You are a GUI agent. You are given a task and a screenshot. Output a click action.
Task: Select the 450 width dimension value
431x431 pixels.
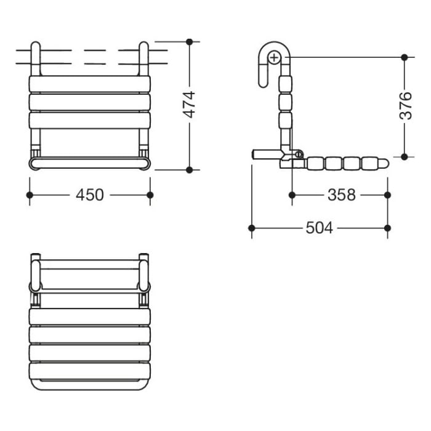[90, 195]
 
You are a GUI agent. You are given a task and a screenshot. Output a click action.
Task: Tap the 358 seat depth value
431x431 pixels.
[341, 195]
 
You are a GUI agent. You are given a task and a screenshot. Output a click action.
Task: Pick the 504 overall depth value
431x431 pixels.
[319, 228]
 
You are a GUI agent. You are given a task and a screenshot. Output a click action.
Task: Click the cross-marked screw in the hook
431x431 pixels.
[274, 58]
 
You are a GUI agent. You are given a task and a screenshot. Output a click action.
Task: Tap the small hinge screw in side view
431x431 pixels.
[299, 154]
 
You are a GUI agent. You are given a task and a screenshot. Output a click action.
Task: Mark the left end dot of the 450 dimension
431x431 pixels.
[30, 195]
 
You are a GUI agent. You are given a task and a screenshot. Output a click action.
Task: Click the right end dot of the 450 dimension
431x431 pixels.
[150, 195]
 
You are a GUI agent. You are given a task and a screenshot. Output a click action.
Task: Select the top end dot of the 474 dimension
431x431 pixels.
[190, 42]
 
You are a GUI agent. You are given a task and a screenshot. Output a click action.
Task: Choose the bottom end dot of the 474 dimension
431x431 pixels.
[190, 169]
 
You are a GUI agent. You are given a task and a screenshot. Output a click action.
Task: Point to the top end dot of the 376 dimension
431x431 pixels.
[404, 57]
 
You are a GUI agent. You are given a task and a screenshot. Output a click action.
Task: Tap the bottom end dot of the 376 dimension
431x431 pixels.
[404, 156]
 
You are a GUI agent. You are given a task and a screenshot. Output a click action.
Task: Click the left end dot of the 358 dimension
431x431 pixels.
[292, 195]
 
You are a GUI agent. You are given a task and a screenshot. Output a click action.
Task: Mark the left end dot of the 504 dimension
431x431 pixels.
[252, 228]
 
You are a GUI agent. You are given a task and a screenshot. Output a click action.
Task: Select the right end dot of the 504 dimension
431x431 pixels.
[387, 228]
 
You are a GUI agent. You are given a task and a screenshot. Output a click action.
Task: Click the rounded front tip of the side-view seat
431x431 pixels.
[384, 164]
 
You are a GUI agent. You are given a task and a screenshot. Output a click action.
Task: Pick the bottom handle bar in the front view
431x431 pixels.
[90, 163]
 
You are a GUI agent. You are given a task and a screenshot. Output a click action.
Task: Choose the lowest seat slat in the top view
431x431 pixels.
[90, 371]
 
